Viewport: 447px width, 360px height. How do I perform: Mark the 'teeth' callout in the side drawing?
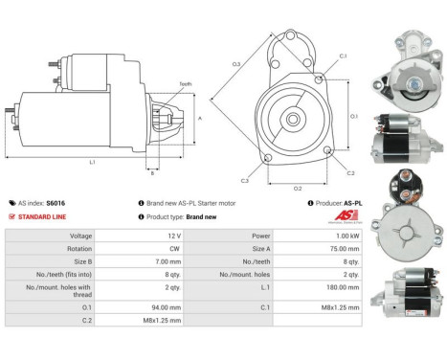point(185,84)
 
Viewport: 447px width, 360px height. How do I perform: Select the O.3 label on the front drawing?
point(235,64)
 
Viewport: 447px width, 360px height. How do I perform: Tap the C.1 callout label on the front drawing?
point(342,56)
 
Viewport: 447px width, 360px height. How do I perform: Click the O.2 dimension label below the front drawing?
point(298,187)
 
